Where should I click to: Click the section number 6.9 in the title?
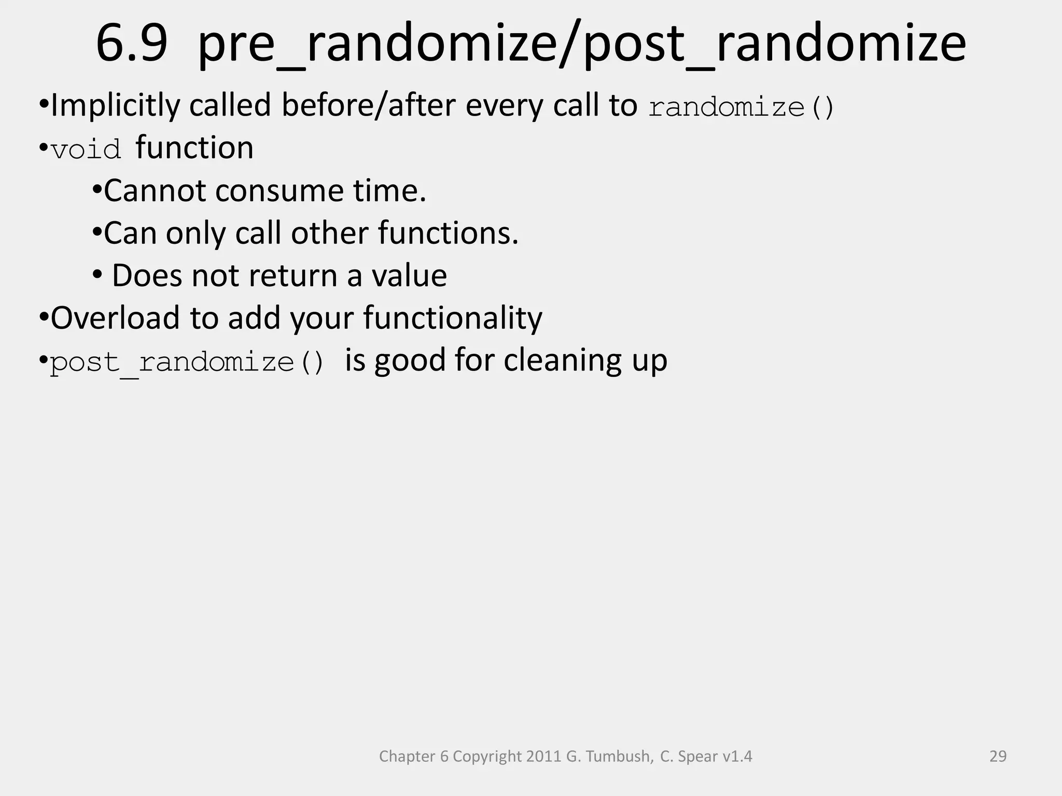[x=132, y=45]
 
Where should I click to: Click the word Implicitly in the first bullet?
[x=115, y=106]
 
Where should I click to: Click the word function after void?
[x=194, y=148]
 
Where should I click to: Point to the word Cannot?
[x=155, y=191]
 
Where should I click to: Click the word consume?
[x=280, y=191]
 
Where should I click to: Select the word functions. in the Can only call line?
[x=448, y=233]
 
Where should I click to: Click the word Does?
[x=147, y=276]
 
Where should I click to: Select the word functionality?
[x=452, y=318]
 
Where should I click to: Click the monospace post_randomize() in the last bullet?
[x=187, y=362]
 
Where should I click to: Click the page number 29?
[x=998, y=757]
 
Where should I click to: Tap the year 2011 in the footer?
[x=544, y=757]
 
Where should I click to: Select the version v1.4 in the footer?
[x=736, y=757]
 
